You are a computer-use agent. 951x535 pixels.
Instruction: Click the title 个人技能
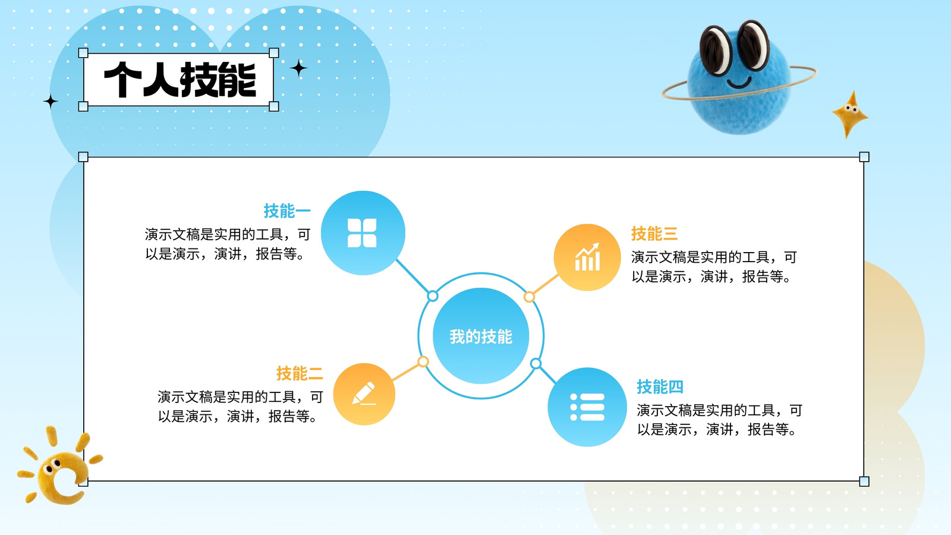click(x=180, y=80)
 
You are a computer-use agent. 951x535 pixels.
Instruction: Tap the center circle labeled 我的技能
click(x=481, y=336)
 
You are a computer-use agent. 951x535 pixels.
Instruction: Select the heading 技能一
click(x=287, y=211)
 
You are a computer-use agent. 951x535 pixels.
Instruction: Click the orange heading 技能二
click(x=300, y=374)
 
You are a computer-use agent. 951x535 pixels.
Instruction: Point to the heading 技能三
click(x=654, y=234)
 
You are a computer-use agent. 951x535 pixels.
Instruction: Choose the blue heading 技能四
click(x=660, y=387)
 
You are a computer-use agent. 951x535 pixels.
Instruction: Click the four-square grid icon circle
click(x=363, y=232)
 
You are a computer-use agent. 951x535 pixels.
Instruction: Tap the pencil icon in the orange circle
click(x=364, y=394)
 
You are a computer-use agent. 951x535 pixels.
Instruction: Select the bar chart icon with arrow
click(x=588, y=257)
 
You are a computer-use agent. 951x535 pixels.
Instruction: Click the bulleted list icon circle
click(x=587, y=407)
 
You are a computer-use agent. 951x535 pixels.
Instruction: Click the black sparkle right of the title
click(x=299, y=68)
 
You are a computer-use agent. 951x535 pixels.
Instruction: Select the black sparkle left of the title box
click(x=51, y=102)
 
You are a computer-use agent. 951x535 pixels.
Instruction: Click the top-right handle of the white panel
click(x=864, y=157)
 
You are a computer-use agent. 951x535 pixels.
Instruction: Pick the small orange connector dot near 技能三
click(x=529, y=297)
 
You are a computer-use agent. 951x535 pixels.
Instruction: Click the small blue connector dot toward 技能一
click(x=433, y=296)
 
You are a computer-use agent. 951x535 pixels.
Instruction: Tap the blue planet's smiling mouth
click(x=739, y=83)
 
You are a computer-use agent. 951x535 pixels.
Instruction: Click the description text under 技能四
click(x=720, y=420)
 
